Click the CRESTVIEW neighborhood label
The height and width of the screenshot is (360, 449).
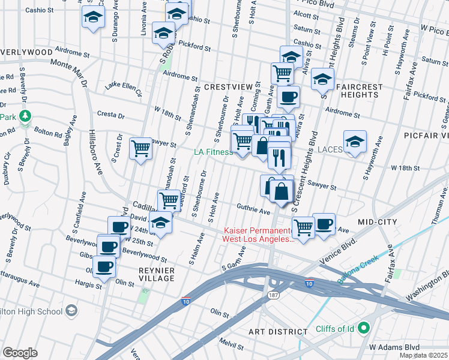point(228,87)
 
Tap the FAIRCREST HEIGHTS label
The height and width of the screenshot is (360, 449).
point(360,91)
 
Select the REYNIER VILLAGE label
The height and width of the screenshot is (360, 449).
point(156,274)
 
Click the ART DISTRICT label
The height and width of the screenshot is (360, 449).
point(279,331)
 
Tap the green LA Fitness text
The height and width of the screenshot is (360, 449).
point(212,152)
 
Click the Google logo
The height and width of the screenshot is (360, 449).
point(20,353)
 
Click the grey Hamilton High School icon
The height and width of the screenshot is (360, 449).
point(71,310)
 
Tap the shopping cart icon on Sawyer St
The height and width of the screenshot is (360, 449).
point(140,147)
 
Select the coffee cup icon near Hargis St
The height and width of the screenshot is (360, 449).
point(103,267)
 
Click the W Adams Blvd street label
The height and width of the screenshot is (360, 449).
point(394,347)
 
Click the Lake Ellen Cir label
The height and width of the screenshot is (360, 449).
point(123,89)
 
